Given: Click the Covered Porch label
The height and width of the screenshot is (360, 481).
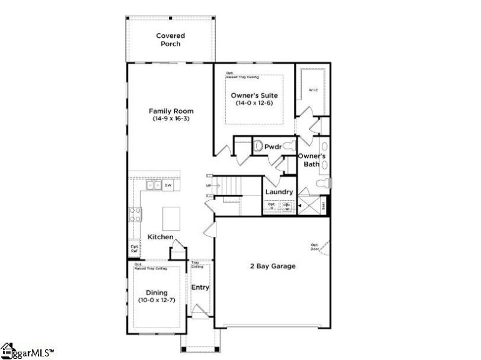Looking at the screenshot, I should coord(170,40).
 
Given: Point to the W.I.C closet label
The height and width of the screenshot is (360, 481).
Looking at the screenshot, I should coord(313,90).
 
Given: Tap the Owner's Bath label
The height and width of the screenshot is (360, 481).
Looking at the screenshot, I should coord(312,160).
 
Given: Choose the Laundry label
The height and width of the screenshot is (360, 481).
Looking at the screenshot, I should coord(279,192).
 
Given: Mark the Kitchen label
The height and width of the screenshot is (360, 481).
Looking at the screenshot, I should coord(161,237).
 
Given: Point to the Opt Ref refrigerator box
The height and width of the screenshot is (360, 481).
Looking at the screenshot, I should coord(135,248).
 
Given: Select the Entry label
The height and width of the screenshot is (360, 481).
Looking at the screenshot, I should coord(200,287).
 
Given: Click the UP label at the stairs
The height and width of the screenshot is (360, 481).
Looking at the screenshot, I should coord(209,186).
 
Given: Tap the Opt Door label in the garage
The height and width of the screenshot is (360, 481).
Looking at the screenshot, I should coord(314,247).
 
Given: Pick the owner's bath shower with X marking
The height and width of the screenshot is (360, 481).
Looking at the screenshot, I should coord(311,204).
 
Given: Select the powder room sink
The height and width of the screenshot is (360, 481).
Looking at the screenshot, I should coord(260,146).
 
